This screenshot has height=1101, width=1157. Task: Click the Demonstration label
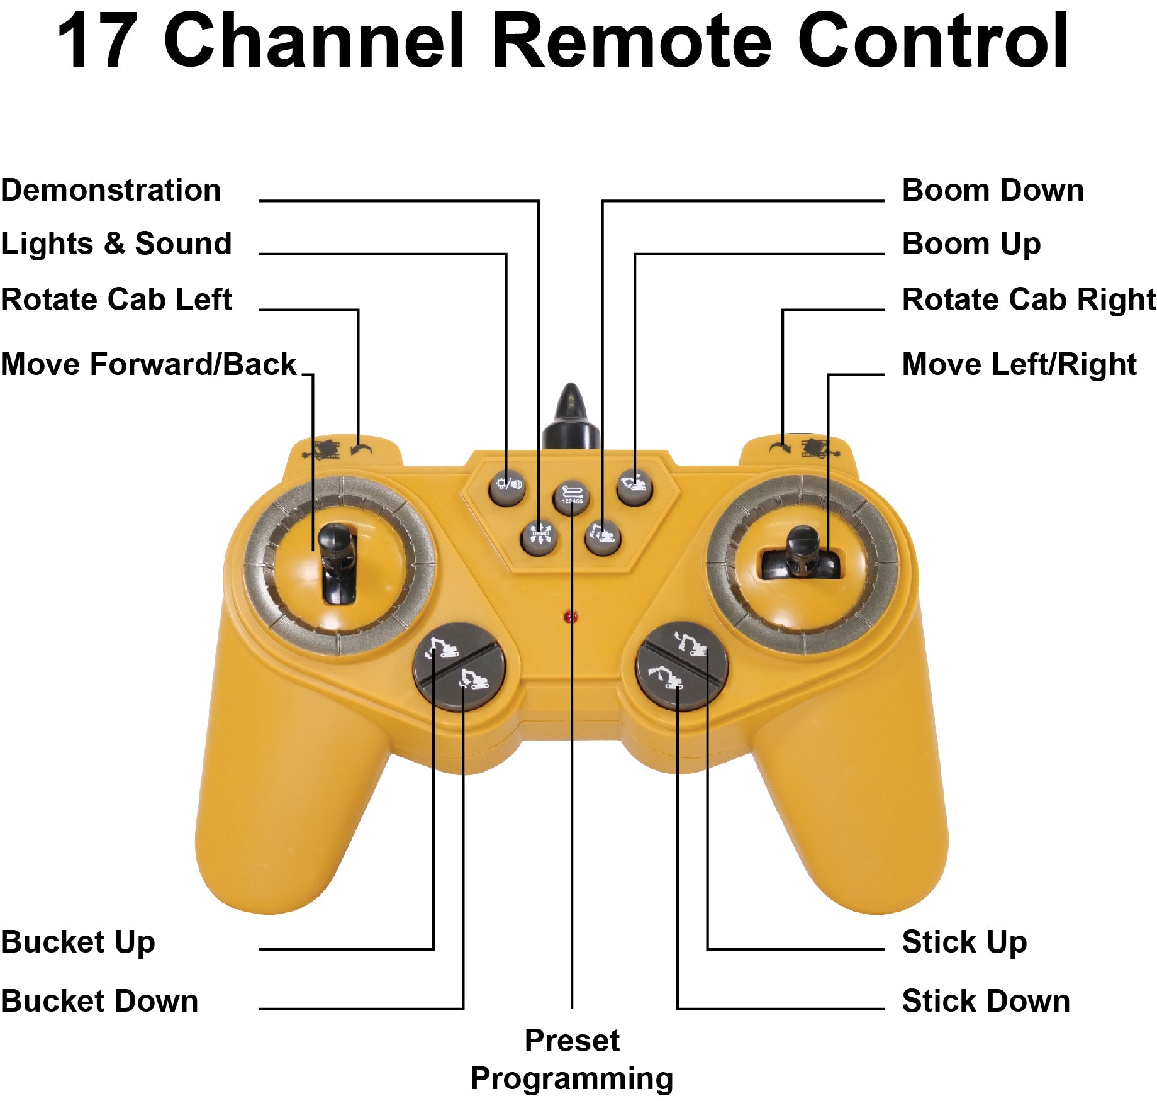[111, 191]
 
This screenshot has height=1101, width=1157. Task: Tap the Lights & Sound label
[116, 244]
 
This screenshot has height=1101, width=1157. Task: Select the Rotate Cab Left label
[116, 299]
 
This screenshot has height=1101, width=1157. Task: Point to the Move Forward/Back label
[148, 364]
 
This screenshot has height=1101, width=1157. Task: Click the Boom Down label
[993, 191]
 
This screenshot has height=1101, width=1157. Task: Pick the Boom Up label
[971, 244]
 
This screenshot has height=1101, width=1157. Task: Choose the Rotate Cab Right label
[1029, 299]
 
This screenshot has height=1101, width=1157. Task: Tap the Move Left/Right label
[1019, 364]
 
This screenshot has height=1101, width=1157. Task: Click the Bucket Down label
[99, 1001]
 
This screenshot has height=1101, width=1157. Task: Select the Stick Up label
[964, 942]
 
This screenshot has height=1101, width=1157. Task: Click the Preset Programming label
[572, 1059]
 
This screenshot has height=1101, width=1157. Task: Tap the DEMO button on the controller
[539, 536]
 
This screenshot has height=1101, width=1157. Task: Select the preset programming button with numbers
[571, 497]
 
